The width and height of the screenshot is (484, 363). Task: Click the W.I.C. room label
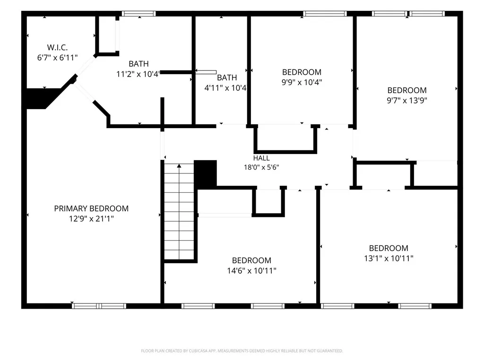57,48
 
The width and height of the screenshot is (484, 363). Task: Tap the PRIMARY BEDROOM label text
91,208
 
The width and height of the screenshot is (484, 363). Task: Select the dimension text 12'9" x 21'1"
91,219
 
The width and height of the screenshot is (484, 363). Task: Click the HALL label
261,158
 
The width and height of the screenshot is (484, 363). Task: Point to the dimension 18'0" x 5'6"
261,167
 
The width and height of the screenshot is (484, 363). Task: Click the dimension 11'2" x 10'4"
138,74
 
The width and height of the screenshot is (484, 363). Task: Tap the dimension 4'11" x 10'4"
225,88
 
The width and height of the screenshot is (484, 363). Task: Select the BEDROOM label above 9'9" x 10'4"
302,72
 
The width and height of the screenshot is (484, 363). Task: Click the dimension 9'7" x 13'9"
407,100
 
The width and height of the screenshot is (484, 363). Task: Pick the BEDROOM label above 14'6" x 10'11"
251,260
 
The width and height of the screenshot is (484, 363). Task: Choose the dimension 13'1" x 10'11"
389,259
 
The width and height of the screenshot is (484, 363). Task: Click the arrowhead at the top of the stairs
179,166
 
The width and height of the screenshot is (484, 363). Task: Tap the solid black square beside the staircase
205,174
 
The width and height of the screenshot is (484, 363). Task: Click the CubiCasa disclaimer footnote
242,351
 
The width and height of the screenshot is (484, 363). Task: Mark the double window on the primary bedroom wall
99,306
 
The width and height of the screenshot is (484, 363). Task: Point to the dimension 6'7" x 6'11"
57,58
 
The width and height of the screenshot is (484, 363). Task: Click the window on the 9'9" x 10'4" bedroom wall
325,14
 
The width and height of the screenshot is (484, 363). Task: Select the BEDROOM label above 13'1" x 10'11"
389,248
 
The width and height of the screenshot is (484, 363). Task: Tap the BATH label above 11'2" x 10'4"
138,64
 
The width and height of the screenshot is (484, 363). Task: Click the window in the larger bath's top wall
138,14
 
